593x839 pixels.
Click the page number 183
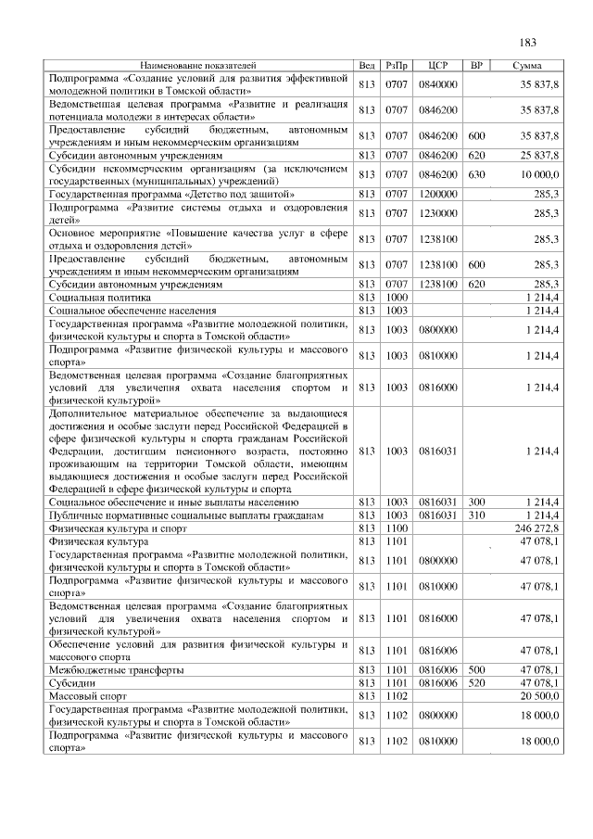point(529,43)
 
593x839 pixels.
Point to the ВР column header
point(476,66)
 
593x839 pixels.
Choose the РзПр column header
point(397,66)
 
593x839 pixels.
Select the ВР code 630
point(477,174)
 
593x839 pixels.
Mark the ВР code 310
point(477,514)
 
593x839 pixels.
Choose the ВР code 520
point(477,681)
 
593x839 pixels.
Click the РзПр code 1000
point(397,296)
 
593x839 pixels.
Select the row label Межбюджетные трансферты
point(116,669)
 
